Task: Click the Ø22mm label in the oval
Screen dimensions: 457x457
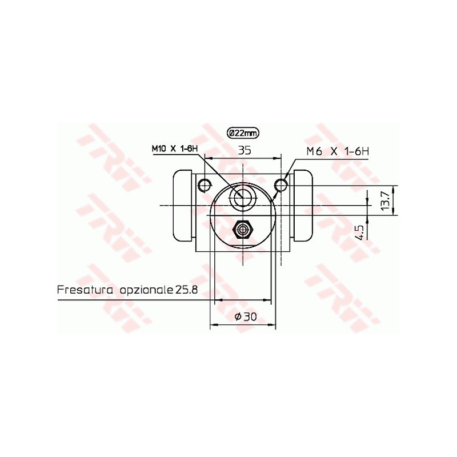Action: (243, 133)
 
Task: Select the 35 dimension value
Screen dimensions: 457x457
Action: (245, 150)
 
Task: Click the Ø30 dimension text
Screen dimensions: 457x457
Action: (246, 317)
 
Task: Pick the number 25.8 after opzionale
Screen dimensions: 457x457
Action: (186, 290)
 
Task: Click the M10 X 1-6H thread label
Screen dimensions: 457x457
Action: (175, 149)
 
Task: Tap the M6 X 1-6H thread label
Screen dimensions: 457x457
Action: (338, 151)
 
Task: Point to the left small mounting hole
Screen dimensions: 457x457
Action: (205, 184)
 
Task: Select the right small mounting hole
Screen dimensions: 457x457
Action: (280, 185)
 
